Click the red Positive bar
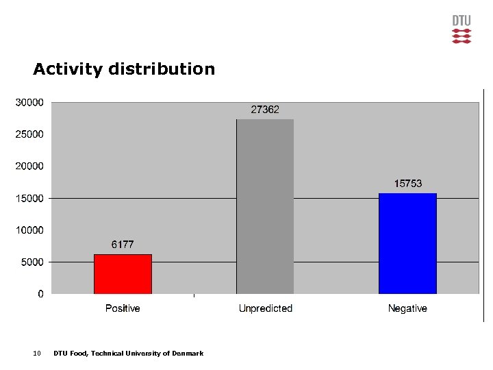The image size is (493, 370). (x=123, y=274)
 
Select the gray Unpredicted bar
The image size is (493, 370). (x=265, y=206)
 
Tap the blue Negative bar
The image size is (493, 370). (x=407, y=243)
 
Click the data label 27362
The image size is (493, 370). (x=265, y=110)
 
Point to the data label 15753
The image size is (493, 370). (x=407, y=184)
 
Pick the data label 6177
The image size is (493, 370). (x=123, y=245)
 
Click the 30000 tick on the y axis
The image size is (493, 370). (x=29, y=103)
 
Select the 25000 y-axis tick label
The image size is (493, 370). (x=29, y=134)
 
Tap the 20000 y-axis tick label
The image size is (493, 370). (x=29, y=166)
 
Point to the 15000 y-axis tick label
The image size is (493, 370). (x=29, y=199)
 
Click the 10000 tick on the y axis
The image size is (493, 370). (x=29, y=230)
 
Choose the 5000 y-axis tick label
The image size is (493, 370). (x=31, y=262)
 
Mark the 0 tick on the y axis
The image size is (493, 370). (x=40, y=294)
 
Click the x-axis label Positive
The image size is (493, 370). (x=123, y=309)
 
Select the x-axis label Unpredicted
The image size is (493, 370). (x=265, y=309)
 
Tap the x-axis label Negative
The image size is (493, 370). (x=407, y=309)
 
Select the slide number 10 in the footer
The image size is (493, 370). (x=37, y=354)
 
